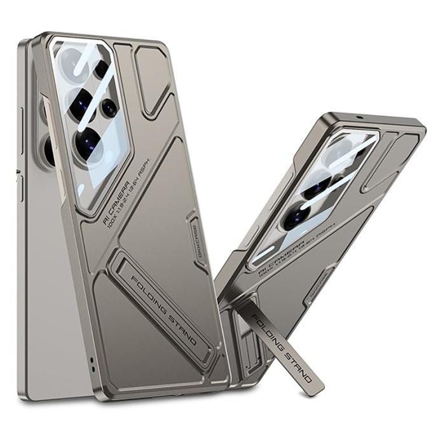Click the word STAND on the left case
(183, 331)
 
